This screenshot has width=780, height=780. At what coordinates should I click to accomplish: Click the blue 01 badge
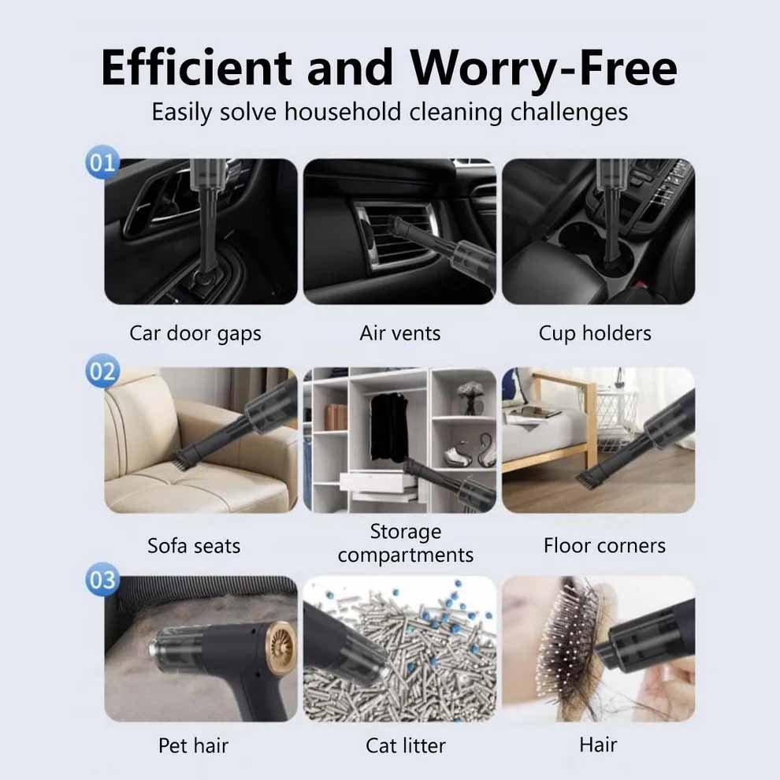coord(102,162)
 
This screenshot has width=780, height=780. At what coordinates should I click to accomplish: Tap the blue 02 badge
coord(102,371)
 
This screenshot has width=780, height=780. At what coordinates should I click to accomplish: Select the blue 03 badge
coord(102,580)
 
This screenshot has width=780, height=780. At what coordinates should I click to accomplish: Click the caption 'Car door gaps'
coord(195,334)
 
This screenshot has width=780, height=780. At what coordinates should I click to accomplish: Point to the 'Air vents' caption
coord(400,333)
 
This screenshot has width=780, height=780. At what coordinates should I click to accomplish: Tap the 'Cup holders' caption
coord(594,334)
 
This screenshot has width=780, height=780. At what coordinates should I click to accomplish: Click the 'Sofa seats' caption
coord(194,546)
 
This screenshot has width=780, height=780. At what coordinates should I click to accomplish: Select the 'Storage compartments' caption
coord(406,543)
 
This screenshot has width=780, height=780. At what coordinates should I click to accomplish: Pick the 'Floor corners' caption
coord(604,546)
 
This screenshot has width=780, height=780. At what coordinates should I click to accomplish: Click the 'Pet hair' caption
coord(193,745)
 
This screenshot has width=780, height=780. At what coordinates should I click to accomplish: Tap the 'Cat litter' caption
coord(406,745)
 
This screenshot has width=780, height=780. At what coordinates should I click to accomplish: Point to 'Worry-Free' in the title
coord(543,69)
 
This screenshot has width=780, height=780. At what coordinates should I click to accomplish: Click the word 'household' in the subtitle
coord(343,111)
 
